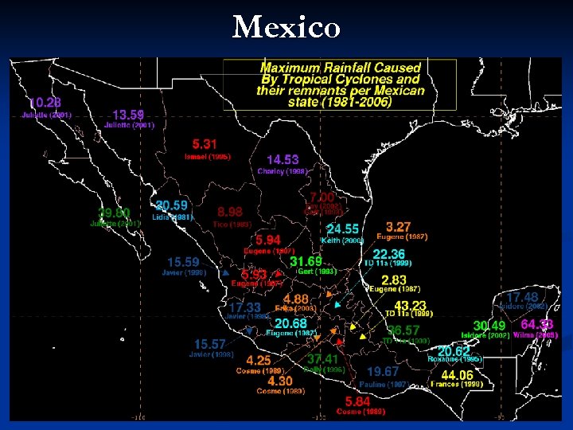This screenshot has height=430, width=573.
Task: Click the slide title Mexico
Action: point(286,28)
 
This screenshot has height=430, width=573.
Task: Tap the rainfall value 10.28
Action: point(45,103)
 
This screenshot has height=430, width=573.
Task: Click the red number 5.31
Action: point(205,144)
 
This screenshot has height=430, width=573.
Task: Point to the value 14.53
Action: point(283,160)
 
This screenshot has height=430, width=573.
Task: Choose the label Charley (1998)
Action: point(283,171)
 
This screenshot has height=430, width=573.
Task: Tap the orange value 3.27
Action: point(399,226)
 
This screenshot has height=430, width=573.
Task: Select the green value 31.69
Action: point(306,260)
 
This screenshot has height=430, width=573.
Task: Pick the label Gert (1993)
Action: point(317,272)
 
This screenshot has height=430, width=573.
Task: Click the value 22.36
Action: point(389,253)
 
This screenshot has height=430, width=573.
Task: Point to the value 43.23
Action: point(411,305)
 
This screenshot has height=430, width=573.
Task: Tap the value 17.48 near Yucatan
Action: point(522,297)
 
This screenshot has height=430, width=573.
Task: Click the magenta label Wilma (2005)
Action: point(536,335)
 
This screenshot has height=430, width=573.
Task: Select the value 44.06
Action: point(457,375)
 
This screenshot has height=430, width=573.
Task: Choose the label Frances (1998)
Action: point(457,385)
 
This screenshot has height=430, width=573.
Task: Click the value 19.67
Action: point(383,372)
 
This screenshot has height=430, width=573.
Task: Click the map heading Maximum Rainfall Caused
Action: point(341,68)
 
